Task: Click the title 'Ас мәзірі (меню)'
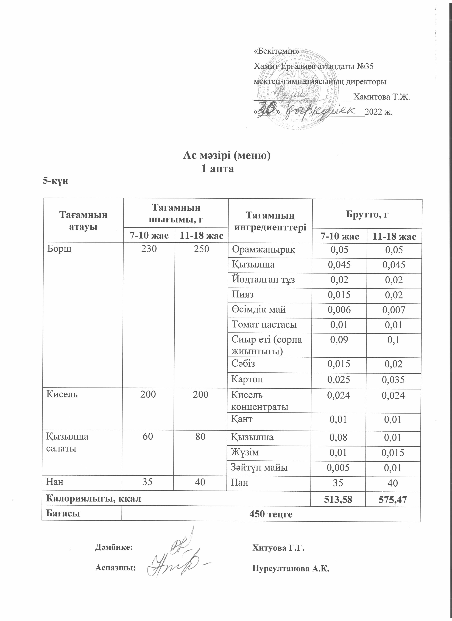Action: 227,155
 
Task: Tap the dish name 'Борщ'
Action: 60,249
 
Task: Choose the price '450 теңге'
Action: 271,514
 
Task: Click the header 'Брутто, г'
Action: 367,214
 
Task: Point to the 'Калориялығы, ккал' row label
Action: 93,498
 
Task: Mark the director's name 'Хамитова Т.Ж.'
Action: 382,97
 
